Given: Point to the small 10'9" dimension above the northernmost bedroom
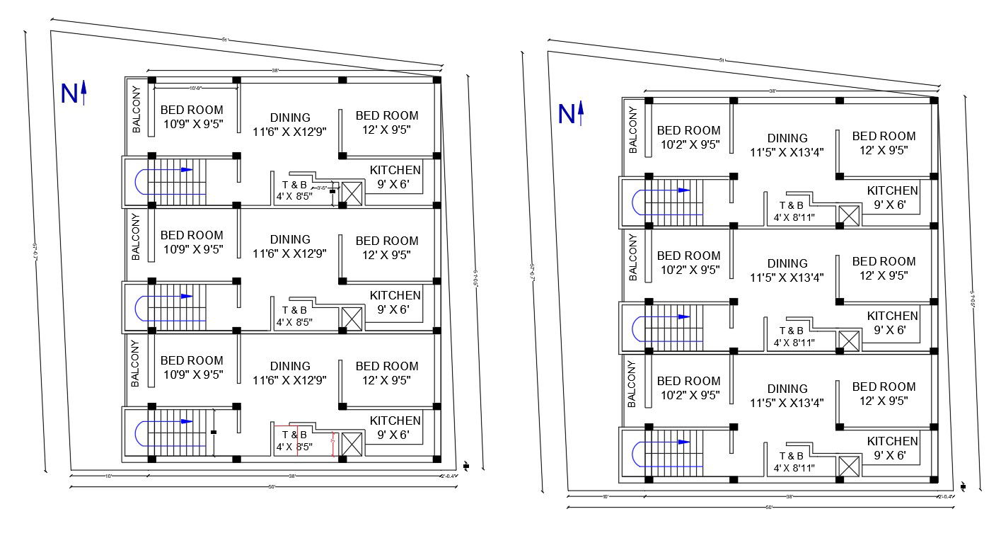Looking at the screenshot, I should (x=196, y=88).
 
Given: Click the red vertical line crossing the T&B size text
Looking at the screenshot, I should (x=297, y=442).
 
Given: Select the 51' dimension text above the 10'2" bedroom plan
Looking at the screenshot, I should (x=722, y=60).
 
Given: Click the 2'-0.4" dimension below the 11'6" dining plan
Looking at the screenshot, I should (x=449, y=476).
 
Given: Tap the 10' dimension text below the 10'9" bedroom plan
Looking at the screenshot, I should (x=108, y=476).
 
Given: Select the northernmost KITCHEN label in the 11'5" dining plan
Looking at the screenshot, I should (x=893, y=190).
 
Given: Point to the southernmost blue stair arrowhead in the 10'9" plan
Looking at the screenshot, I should (x=187, y=421).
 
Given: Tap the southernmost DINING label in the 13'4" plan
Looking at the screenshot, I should (x=787, y=389).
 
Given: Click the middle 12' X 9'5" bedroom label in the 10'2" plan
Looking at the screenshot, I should (x=884, y=268).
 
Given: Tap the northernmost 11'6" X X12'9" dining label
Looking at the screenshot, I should (x=290, y=124).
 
